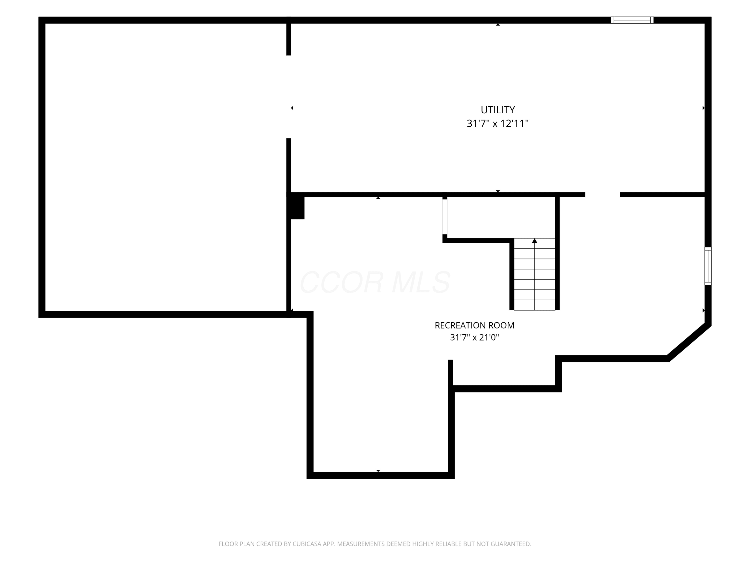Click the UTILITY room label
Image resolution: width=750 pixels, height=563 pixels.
coord(497,110)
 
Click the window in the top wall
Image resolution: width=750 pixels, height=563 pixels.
coord(632,20)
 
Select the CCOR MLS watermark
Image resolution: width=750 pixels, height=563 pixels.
coord(375,282)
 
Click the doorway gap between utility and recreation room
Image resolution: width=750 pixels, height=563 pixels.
coord(602,194)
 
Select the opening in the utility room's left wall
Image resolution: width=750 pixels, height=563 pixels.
coord(289,97)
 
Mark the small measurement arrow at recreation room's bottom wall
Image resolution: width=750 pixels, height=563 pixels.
coord(378,471)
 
